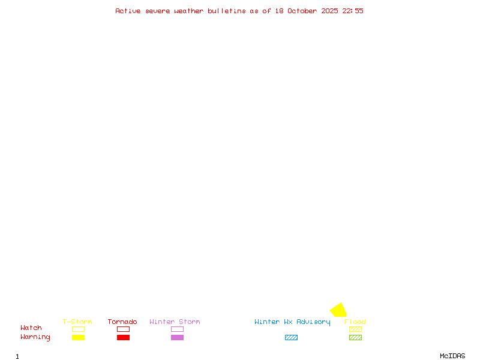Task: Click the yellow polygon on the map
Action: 338,310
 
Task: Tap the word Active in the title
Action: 128,11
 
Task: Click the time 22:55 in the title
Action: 353,11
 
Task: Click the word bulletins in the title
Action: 227,11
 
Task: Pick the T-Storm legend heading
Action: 77,322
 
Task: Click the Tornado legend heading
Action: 122,322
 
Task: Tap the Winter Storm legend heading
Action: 175,322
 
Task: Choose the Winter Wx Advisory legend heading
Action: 292,322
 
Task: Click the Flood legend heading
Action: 355,322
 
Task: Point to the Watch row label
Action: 31,328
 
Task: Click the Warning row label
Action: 35,337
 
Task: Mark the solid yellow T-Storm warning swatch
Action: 78,338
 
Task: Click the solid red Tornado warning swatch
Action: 123,338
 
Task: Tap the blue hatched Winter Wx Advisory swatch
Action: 291,338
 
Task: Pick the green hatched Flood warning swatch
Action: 355,338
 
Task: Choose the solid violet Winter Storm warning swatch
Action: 177,338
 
